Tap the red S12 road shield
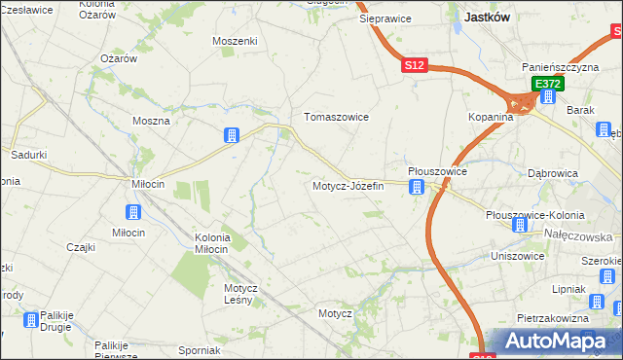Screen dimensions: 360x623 point(415,65)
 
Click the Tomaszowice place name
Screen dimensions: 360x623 point(337,117)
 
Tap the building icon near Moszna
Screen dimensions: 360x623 point(232,136)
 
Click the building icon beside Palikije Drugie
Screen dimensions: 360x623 point(31,318)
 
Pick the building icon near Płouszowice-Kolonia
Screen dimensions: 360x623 point(519,225)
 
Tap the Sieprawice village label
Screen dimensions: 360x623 point(385,18)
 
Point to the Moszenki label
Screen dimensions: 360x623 point(235,42)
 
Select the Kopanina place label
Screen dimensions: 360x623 point(489,117)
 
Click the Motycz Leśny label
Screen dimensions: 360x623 point(239,294)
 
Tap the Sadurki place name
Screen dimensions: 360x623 point(29,155)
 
